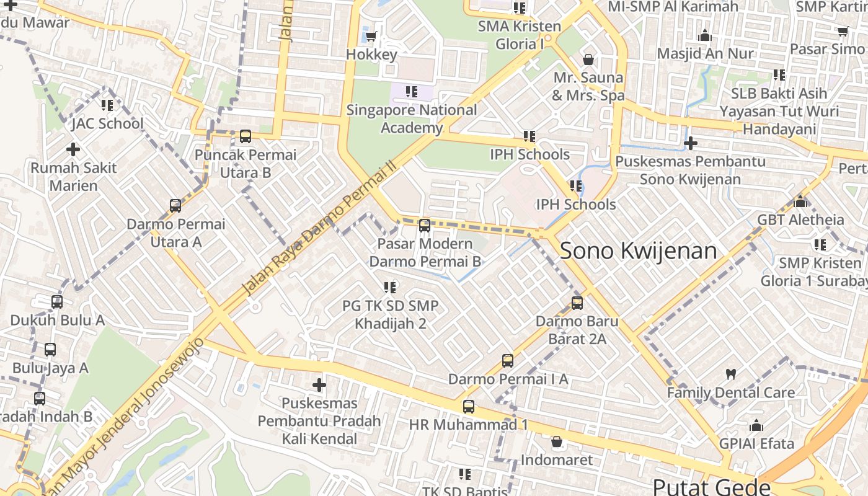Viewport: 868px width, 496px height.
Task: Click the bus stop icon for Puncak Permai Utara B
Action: pyautogui.click(x=246, y=136)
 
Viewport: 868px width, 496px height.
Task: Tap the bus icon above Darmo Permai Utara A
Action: pyautogui.click(x=175, y=206)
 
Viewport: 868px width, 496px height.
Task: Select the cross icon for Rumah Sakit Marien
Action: pyautogui.click(x=73, y=149)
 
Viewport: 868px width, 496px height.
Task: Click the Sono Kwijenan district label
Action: pyautogui.click(x=638, y=250)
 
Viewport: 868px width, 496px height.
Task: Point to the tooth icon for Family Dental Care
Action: pyautogui.click(x=731, y=374)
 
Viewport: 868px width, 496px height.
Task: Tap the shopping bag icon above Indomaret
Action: pyautogui.click(x=557, y=442)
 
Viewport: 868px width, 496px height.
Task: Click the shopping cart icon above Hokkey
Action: pyautogui.click(x=371, y=36)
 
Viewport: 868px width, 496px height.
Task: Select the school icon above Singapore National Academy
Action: pyautogui.click(x=411, y=92)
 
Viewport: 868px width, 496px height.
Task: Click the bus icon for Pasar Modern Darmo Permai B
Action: pyautogui.click(x=425, y=226)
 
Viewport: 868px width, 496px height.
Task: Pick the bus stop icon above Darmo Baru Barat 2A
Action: pyautogui.click(x=577, y=303)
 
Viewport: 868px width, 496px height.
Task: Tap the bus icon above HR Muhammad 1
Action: pyautogui.click(x=469, y=407)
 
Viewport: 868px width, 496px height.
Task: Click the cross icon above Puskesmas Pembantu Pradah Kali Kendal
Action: pyautogui.click(x=319, y=385)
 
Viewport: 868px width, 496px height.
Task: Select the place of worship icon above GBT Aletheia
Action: pyautogui.click(x=800, y=201)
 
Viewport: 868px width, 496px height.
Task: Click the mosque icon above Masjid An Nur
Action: pyautogui.click(x=704, y=35)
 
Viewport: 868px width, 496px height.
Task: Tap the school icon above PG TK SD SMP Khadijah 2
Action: pyautogui.click(x=390, y=287)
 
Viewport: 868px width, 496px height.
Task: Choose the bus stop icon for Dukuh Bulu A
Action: pyautogui.click(x=57, y=302)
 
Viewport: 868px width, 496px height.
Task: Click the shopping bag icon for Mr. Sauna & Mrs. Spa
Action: pyautogui.click(x=588, y=60)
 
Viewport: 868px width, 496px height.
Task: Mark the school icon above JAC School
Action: pyautogui.click(x=107, y=105)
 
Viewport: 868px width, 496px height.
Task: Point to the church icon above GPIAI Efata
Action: pyautogui.click(x=756, y=425)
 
